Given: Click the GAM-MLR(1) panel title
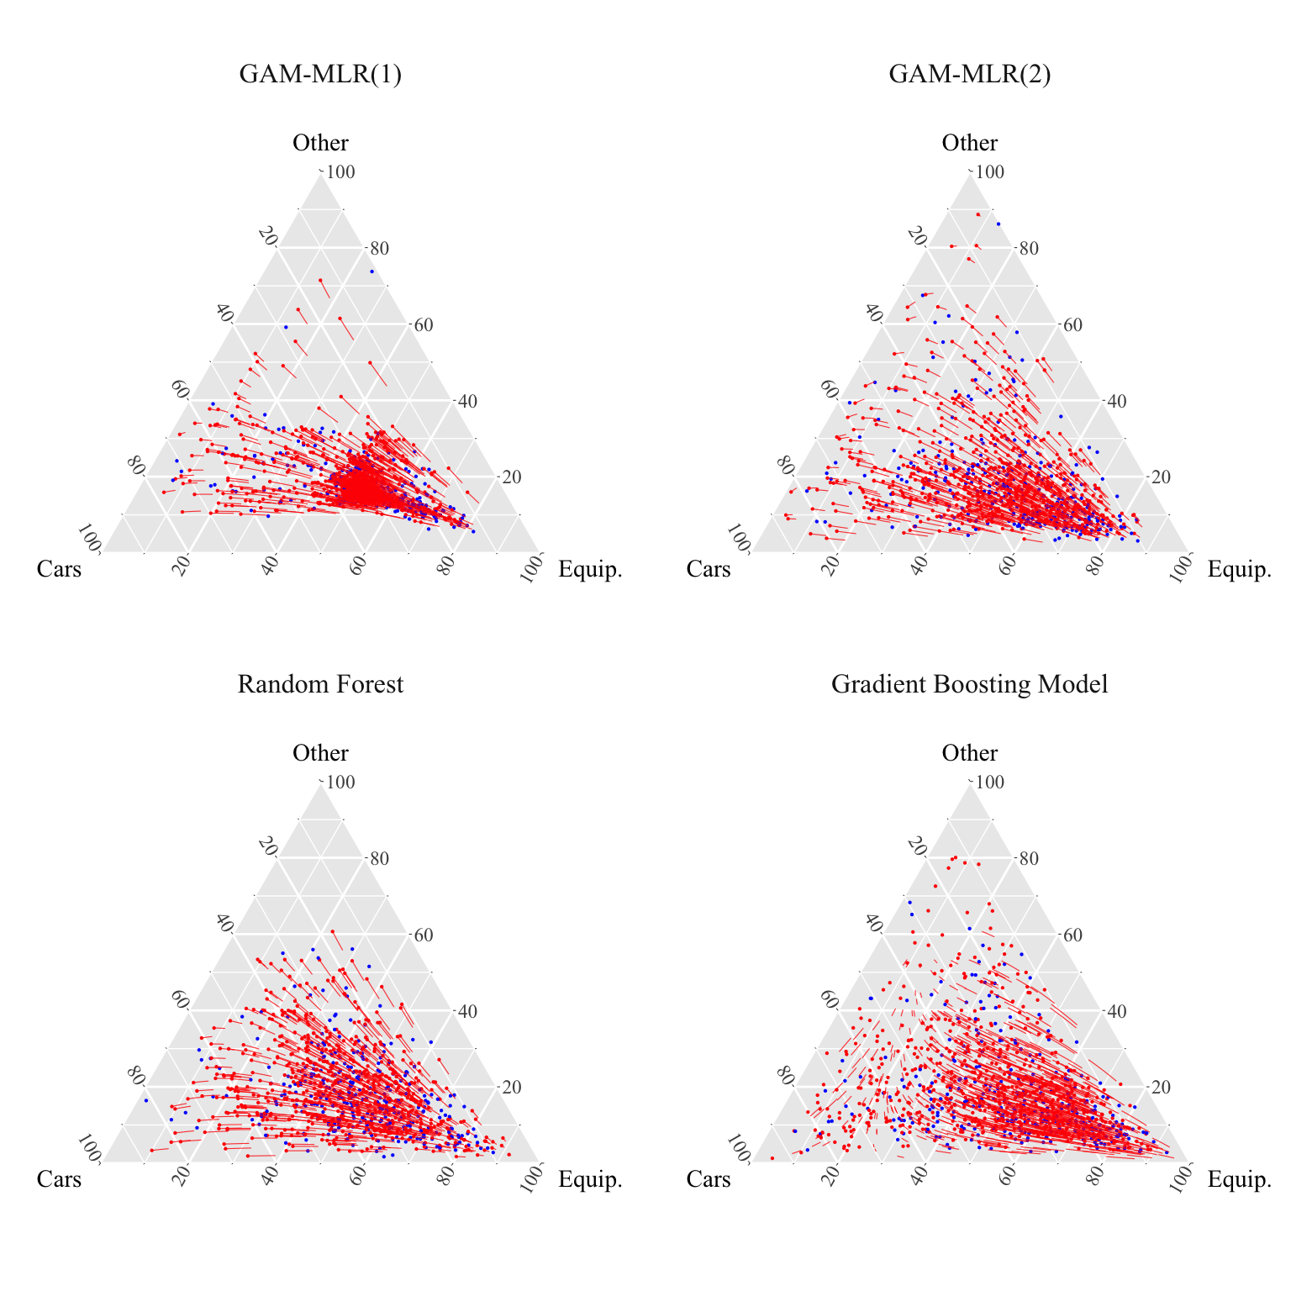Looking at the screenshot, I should [x=320, y=75].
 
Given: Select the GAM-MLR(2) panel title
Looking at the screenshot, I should [x=969, y=75].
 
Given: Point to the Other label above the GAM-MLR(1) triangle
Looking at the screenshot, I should [x=320, y=143].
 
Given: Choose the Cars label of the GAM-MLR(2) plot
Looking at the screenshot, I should [x=709, y=569].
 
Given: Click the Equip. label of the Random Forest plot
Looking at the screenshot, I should [x=590, y=1179].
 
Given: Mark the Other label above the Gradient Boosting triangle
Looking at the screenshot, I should [x=969, y=753].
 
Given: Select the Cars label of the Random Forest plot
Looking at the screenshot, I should [x=59, y=1179].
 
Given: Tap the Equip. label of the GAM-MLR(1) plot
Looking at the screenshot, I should [x=590, y=569].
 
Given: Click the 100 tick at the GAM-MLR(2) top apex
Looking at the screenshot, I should [x=990, y=172].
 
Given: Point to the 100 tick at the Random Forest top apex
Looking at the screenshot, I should [x=340, y=783].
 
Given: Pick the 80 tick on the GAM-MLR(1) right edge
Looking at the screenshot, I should [x=379, y=249].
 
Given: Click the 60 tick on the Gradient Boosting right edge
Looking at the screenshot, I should [x=1072, y=935].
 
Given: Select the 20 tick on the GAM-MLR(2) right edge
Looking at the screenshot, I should [x=1161, y=477].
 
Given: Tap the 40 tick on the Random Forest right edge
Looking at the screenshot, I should [x=467, y=1011].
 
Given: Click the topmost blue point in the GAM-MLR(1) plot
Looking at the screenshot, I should [x=371, y=271].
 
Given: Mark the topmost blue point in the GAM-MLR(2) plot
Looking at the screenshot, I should [x=999, y=224].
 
